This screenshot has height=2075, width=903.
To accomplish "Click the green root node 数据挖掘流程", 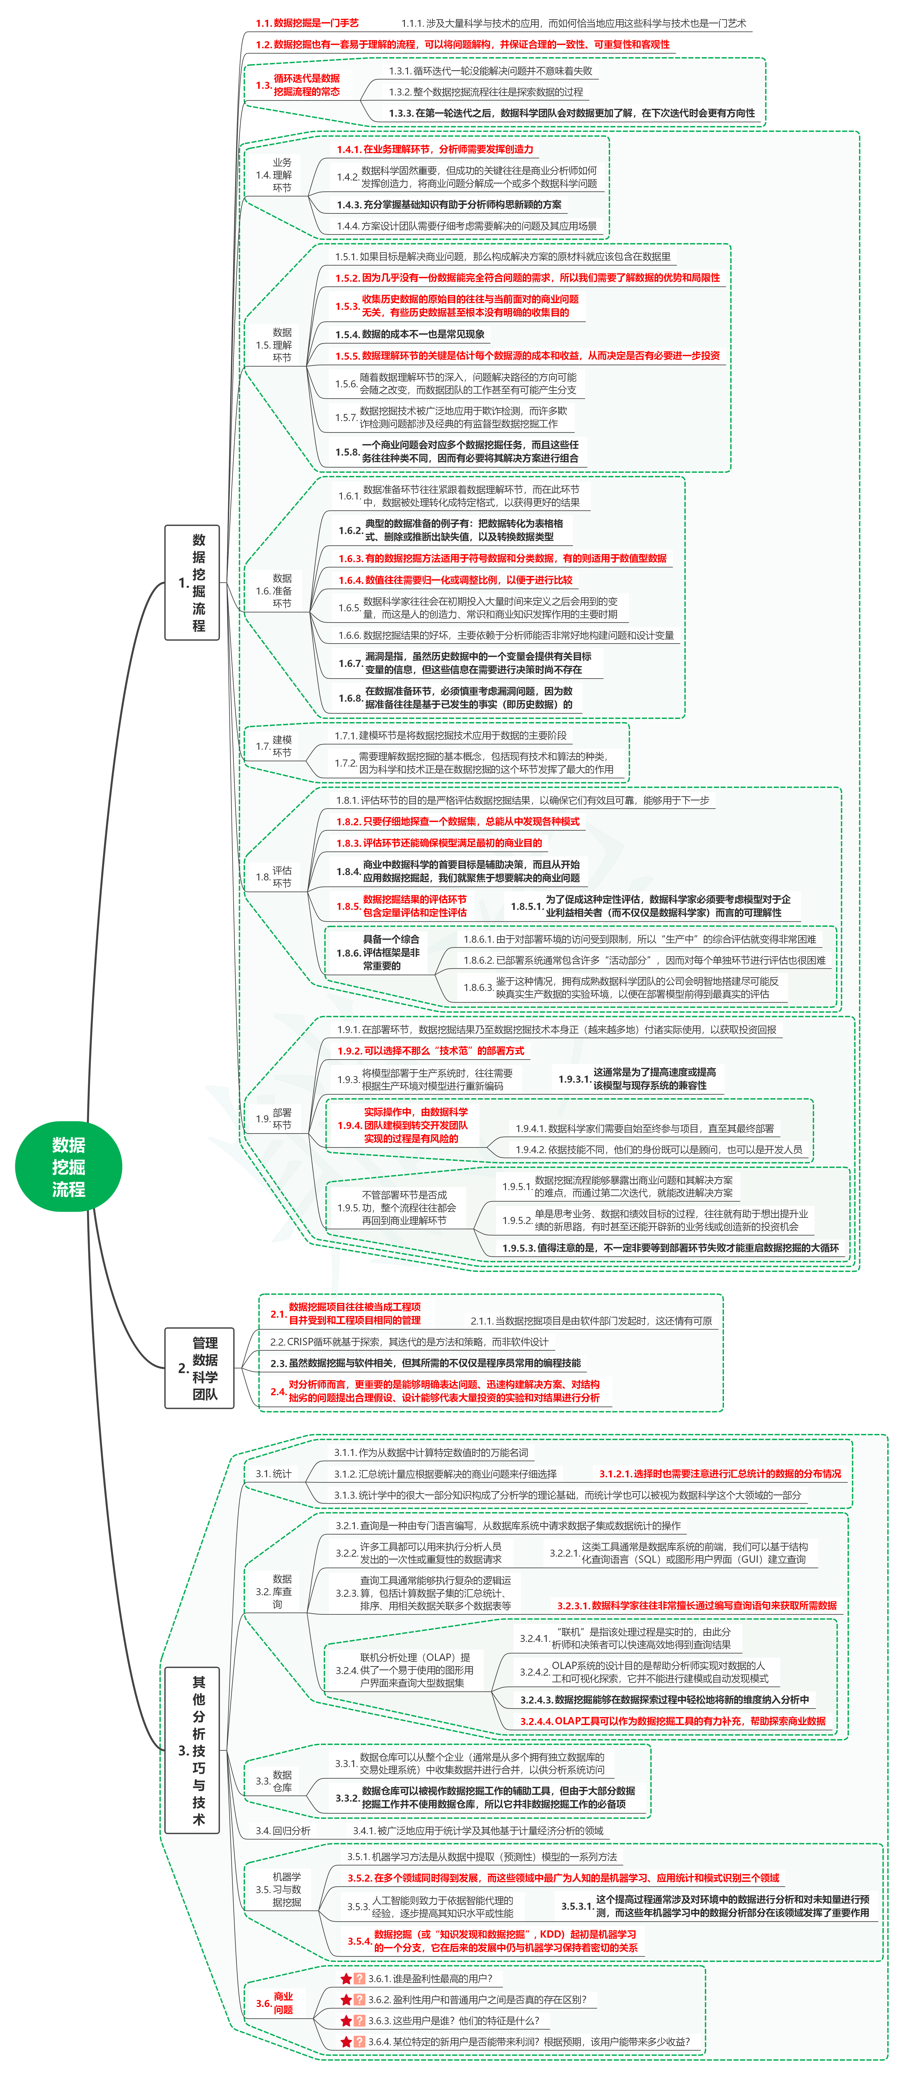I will coord(68,1166).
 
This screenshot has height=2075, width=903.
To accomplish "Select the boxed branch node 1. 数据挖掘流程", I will coord(192,582).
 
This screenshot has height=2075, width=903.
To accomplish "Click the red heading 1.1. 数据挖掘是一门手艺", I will coord(307,23).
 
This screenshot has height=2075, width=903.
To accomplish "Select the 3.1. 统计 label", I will coord(274,1473).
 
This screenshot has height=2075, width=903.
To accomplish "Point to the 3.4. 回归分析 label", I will coord(283,1830).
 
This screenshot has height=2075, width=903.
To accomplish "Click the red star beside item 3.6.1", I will coord(346,1978).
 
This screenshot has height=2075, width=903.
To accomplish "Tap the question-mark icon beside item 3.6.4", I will coord(360,2041).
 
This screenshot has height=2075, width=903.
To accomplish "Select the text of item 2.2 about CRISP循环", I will coord(409,1341).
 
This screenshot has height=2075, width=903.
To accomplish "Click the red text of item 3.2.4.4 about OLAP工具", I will coord(673,1721).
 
